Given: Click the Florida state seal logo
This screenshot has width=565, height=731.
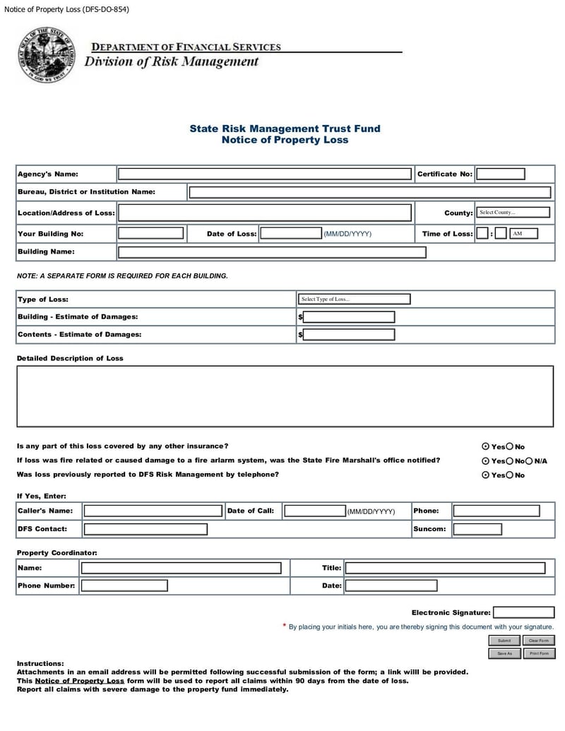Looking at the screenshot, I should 46,55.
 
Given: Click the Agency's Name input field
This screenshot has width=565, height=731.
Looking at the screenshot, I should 264,174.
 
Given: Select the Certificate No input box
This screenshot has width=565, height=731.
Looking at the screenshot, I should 500,174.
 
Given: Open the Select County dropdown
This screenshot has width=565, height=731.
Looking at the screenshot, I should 513,213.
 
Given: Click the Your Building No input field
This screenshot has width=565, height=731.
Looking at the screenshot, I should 150,234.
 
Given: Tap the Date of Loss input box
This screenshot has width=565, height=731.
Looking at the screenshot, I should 290,234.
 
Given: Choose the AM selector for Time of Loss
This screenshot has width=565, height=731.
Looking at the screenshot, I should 523,234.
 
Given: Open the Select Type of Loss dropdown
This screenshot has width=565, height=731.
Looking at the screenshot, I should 354,299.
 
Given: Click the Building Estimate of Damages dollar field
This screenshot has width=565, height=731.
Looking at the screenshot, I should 348,317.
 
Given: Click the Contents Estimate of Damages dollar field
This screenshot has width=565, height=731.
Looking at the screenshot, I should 348,335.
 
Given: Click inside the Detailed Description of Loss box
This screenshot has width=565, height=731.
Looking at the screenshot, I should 285,396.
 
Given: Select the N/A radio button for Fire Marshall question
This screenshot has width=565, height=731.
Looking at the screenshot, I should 529,461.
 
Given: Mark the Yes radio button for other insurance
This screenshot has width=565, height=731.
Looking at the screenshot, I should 485,447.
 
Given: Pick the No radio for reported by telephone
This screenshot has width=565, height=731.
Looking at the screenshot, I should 510,475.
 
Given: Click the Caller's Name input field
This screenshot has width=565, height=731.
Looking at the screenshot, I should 153,511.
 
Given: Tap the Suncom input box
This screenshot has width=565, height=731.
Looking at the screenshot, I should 477,529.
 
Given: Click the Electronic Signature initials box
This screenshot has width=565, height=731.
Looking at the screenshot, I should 523,613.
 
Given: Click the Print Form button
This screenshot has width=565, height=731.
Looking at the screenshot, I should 539,654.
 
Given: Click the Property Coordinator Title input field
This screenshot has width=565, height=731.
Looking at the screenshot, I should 445,568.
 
